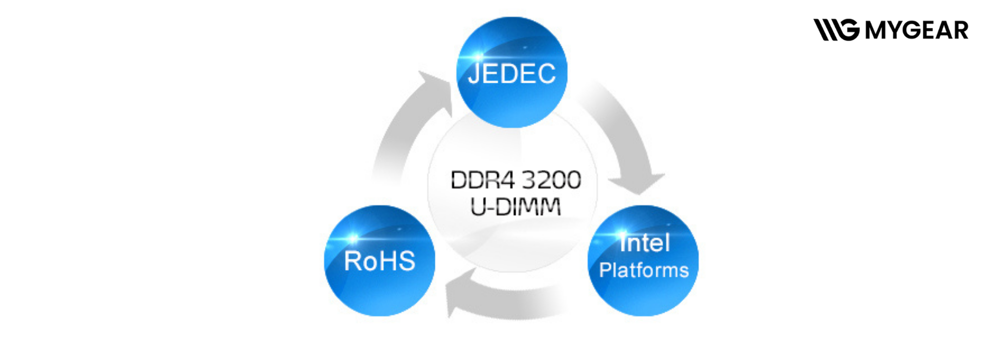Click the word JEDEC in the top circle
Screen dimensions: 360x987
[x=511, y=74]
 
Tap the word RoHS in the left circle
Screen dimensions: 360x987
[x=379, y=261]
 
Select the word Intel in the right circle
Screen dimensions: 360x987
[x=645, y=243]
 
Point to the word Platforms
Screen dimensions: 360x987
[x=644, y=271]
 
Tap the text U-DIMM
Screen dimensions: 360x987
[x=516, y=207]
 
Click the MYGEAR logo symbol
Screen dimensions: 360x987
[x=836, y=30]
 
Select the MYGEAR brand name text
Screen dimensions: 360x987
[x=917, y=30]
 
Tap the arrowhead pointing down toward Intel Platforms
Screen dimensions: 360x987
[x=637, y=183]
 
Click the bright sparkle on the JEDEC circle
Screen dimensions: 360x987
[x=478, y=56]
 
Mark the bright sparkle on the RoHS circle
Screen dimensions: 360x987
[x=353, y=239]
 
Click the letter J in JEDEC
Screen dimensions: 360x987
[x=473, y=74]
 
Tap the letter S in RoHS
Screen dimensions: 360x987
[x=406, y=261]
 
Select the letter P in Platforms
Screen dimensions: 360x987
[x=605, y=271]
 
